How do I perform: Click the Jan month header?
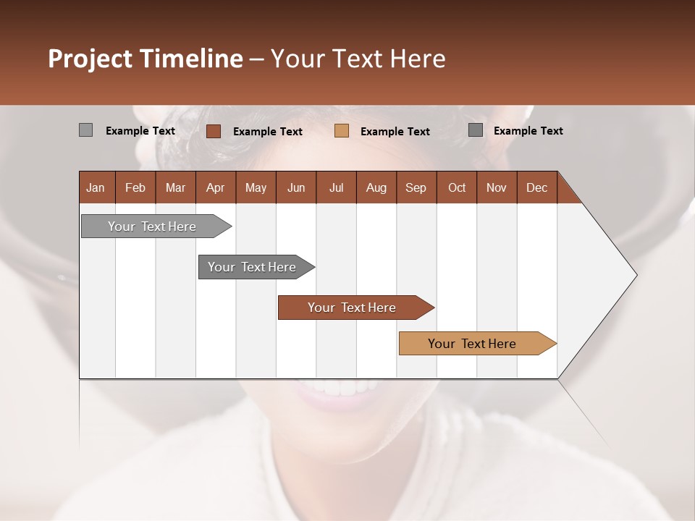pos(96,187)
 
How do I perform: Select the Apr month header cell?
pos(216,187)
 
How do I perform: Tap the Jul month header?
pos(336,187)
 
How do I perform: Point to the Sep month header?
pos(416,187)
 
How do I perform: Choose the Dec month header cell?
pos(536,187)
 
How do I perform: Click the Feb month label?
pos(135,187)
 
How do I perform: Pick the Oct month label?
pos(457,187)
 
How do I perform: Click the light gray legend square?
pos(85,130)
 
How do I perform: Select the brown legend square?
pos(213,131)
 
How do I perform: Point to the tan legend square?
pos(342,131)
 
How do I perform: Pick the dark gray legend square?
pos(476,130)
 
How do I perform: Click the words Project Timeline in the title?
pos(145,59)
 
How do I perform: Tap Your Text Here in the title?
pos(358,59)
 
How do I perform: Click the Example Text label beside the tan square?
pos(395,132)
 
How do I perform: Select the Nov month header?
pos(497,187)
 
